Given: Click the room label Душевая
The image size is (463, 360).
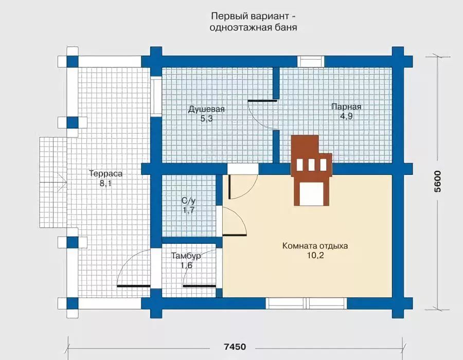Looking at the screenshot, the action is pos(206,109).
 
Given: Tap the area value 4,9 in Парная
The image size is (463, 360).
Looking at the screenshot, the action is pos(346,116).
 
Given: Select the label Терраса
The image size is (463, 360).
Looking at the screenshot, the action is pos(105,173).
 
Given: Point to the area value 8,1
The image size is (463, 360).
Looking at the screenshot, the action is pos(105,183).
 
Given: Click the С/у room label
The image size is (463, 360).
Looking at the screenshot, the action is pos(188,201).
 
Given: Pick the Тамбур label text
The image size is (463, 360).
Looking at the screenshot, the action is pos(186,256).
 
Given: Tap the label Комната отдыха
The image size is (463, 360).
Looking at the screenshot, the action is pos(315,246).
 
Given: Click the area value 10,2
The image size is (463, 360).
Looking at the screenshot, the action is pos(315,256).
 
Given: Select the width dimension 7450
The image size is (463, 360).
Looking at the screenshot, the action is pos(235,346).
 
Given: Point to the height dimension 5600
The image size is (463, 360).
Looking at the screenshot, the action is pos(437,182).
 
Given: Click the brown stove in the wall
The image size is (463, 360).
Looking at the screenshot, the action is pos(312,170).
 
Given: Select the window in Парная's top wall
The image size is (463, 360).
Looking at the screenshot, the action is pos(311,62).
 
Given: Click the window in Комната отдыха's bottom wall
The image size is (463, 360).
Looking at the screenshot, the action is pos(306,303).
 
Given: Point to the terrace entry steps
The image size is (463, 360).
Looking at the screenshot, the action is pos(53,182).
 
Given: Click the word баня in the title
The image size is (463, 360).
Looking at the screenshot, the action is pos(286,28).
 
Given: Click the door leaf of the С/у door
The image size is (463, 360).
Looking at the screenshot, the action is pos(235,235).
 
